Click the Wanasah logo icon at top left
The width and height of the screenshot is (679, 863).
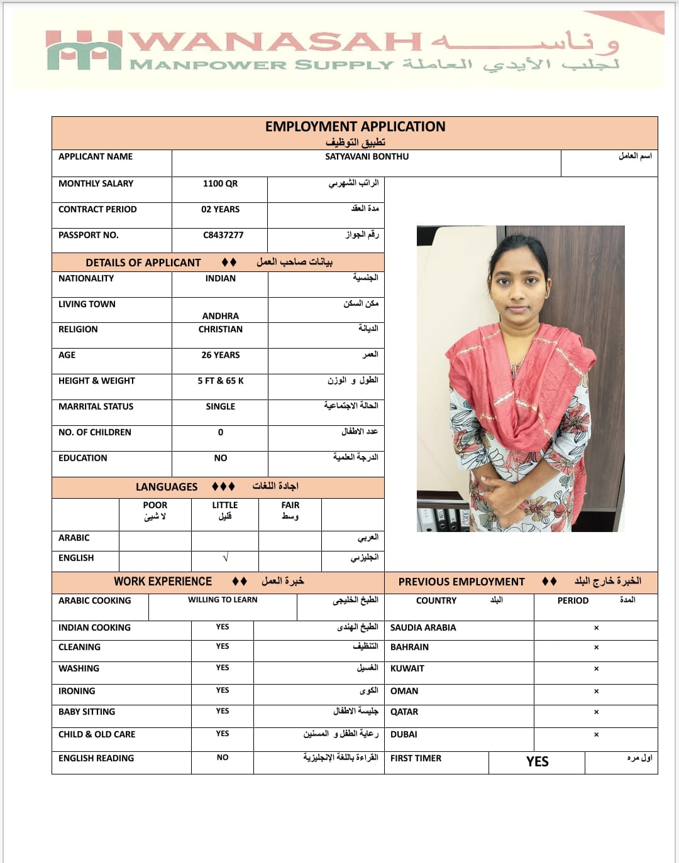(x=84, y=50)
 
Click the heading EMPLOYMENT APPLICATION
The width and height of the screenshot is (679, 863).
(x=355, y=127)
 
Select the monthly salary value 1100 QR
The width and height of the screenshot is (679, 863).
(x=220, y=183)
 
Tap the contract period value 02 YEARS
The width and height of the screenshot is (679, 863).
(x=220, y=209)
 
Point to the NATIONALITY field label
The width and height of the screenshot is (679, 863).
(x=86, y=278)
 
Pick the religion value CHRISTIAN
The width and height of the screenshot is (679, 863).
(x=220, y=329)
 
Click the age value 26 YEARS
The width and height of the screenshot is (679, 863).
(x=220, y=355)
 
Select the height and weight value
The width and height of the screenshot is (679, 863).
(x=220, y=381)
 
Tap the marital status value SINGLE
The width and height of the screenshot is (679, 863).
(x=220, y=406)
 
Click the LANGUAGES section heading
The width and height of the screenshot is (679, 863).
(x=167, y=487)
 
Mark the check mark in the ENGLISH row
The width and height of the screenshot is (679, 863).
(x=225, y=558)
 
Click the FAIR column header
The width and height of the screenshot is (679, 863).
(x=290, y=505)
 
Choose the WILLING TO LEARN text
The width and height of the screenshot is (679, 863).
(x=223, y=600)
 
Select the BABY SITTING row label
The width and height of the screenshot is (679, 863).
(x=87, y=712)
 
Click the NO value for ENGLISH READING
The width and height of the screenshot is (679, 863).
(x=223, y=757)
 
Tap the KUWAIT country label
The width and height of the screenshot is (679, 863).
(x=407, y=668)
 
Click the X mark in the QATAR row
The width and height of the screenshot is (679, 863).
(x=596, y=712)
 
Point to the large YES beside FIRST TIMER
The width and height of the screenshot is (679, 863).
(x=538, y=762)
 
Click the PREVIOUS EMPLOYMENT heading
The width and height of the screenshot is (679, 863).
(x=461, y=582)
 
